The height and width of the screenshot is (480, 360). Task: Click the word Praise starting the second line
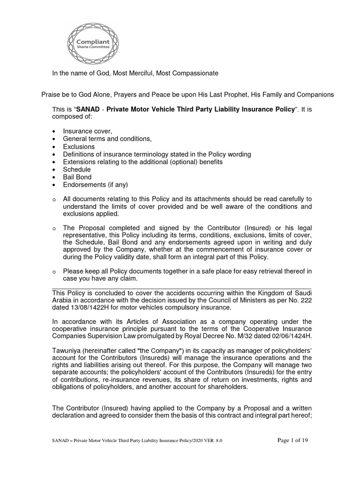coord(51,95)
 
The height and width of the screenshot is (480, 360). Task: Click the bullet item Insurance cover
coord(87,132)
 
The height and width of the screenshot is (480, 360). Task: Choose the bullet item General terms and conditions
coord(107,139)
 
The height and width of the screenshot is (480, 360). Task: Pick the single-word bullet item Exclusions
coord(79,147)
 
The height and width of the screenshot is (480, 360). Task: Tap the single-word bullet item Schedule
coord(77,169)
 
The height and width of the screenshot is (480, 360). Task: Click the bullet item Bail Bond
coord(77,177)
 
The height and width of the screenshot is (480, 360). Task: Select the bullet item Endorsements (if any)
coord(95,185)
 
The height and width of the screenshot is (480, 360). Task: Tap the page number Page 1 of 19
coord(293,440)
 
